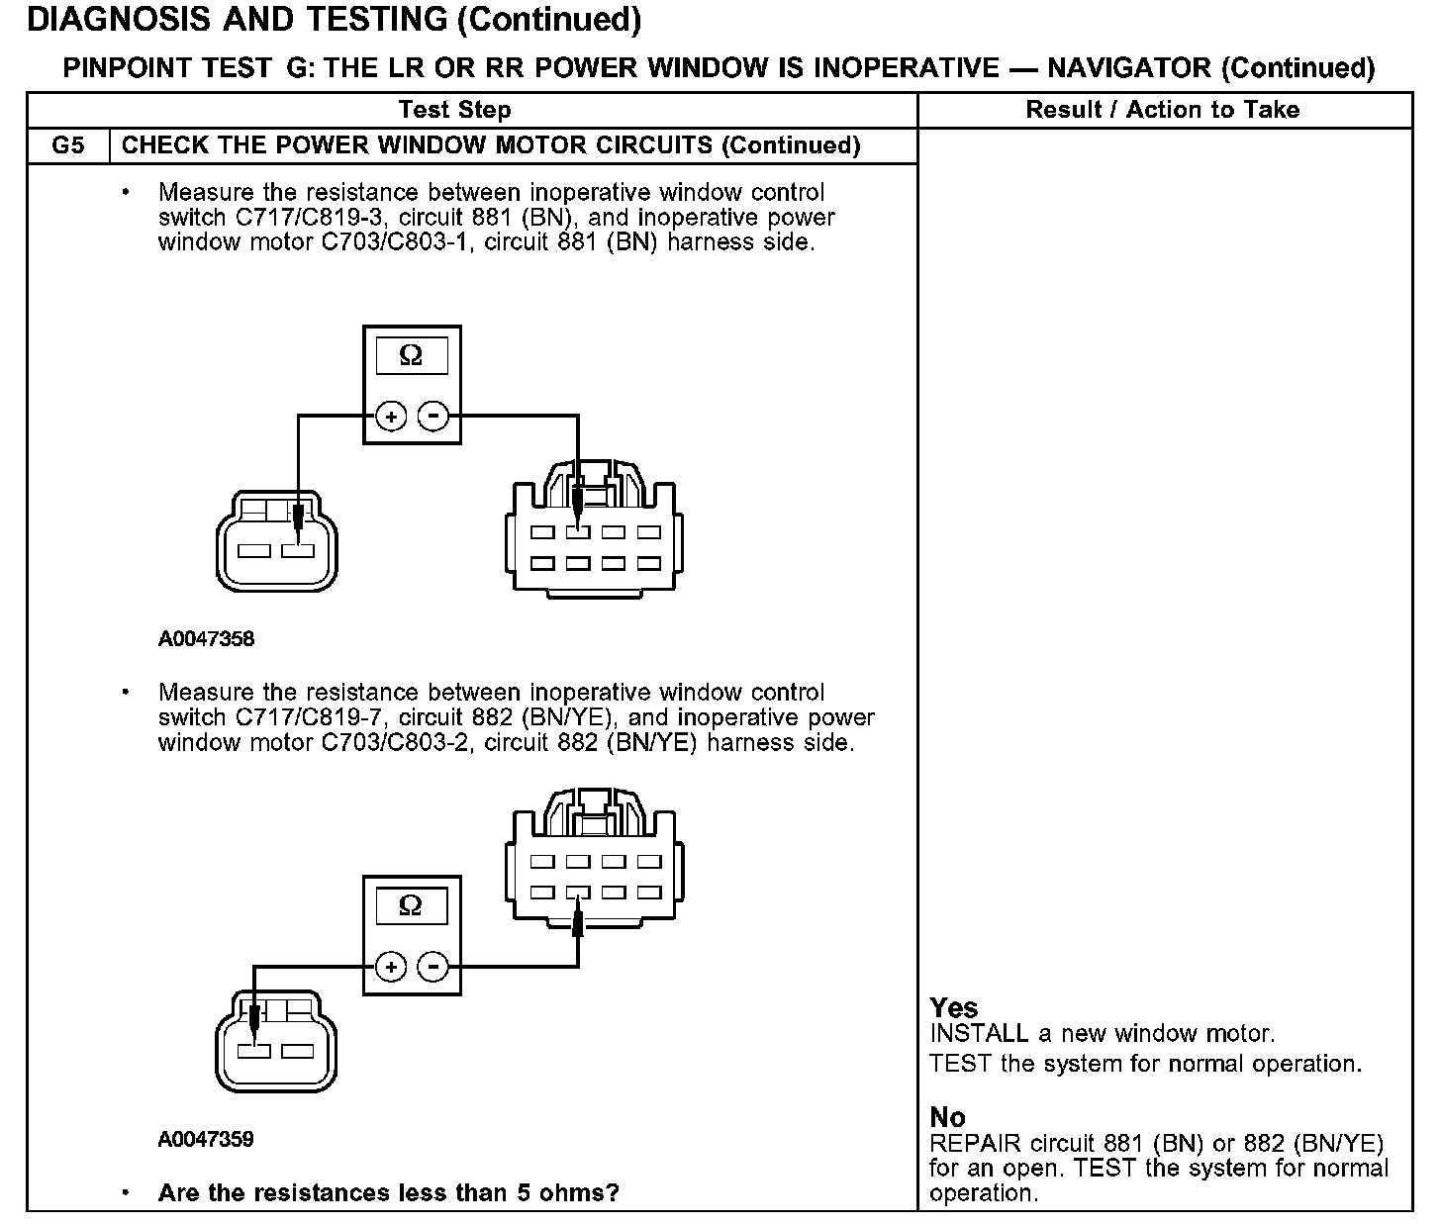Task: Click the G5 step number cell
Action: (67, 145)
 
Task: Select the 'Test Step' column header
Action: (454, 110)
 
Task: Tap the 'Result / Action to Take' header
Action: (1162, 110)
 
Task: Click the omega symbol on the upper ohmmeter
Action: (411, 356)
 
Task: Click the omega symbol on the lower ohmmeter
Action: (411, 905)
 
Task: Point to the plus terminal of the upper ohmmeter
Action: (392, 417)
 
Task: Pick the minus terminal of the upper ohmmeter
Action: (432, 417)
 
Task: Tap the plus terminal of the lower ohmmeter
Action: (392, 967)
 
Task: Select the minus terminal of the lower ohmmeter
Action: (432, 967)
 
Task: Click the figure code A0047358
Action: (206, 639)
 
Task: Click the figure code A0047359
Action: (206, 1139)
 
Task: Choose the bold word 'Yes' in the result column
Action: (954, 1008)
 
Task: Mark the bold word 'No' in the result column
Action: (947, 1117)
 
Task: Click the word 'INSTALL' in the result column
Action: (979, 1034)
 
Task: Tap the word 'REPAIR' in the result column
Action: (975, 1144)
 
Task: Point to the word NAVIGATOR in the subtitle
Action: (1128, 68)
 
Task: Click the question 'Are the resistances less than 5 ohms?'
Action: (388, 1192)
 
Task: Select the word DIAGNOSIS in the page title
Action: (119, 19)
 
